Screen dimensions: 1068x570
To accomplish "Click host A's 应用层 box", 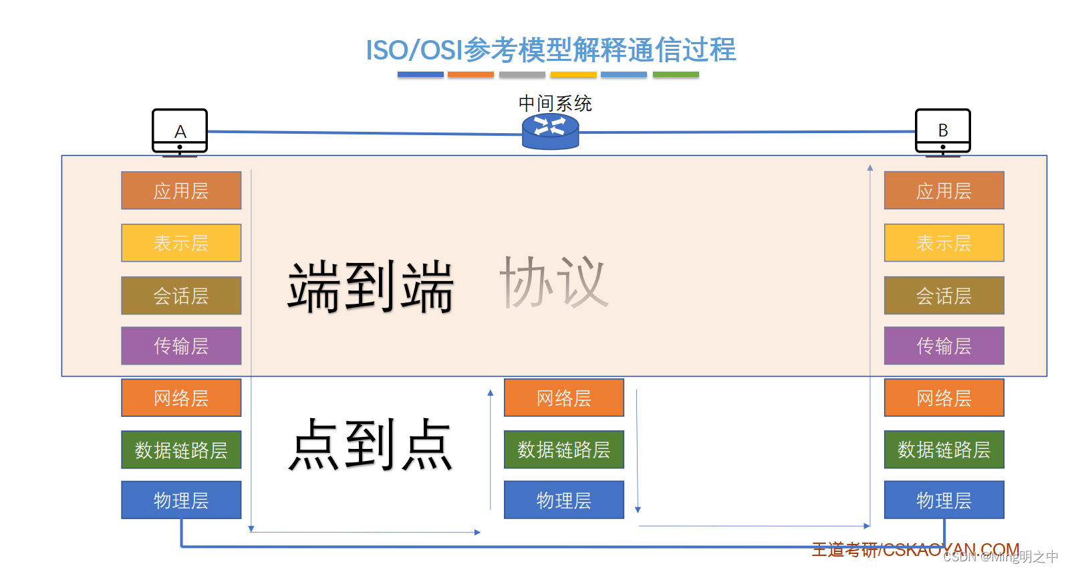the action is point(181,191).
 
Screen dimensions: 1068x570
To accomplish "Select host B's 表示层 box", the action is point(944,243).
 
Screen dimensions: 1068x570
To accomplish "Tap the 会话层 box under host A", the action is point(181,296).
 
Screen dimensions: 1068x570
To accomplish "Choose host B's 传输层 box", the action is point(944,346).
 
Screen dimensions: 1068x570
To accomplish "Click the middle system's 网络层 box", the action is point(563,398).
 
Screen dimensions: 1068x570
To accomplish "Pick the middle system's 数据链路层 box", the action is point(563,450).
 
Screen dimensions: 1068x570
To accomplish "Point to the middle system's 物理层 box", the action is point(563,500).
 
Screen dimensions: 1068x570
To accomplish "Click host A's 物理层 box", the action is point(181,500).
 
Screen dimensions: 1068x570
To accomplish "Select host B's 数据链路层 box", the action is point(944,450).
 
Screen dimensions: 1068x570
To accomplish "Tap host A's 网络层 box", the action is point(181,398).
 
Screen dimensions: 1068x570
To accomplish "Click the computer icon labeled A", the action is point(180,131).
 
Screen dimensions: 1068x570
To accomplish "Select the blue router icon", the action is point(550,131).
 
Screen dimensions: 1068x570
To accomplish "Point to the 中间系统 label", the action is point(555,103).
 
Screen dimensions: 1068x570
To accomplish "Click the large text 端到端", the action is point(371,286).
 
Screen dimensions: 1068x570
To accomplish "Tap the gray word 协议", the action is point(553,282).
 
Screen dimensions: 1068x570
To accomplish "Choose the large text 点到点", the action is point(371,444).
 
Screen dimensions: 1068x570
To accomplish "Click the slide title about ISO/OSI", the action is point(550,50).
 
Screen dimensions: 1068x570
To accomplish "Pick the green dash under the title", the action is point(676,75).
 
